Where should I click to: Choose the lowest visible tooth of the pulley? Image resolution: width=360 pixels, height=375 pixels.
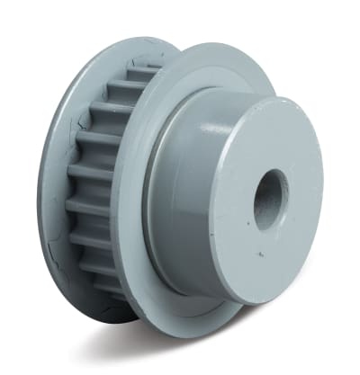coord(106,286)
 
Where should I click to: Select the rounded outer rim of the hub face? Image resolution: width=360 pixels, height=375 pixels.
coord(319,180)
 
